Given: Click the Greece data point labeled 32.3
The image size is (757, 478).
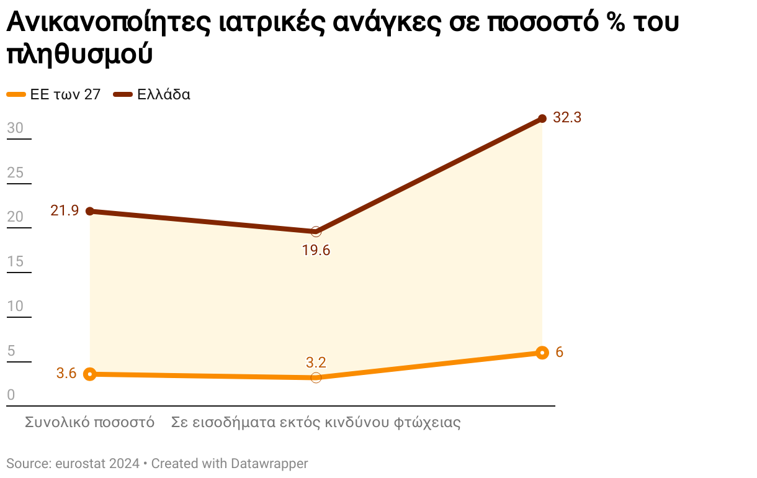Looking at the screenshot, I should pos(542,118).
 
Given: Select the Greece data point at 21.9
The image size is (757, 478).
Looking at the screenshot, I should pos(90,211).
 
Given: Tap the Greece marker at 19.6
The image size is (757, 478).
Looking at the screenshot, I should pos(316,232).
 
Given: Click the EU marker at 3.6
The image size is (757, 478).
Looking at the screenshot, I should pos(90,374).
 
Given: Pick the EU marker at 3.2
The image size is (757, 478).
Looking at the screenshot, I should pos(316,377).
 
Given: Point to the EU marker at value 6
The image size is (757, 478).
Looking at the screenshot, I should pos(542,353).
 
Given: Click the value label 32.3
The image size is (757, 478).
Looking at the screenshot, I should pos(567,117).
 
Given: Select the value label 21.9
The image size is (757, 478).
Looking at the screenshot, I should pos(65,210).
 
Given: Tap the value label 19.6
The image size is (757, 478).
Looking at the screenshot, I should pos(316,251).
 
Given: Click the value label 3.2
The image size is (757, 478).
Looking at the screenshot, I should pos(316,363).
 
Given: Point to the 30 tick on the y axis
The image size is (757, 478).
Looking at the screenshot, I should pos(15,128).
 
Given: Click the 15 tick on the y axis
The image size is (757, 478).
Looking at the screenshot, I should pos(15,261).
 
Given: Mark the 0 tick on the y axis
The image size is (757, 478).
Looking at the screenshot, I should pos(11,395).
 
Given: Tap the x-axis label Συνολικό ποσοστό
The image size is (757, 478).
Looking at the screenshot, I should pos(89,423).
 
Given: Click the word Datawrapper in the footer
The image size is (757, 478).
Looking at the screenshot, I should pos(269,463).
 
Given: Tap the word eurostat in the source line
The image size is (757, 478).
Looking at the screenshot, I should pos(81,463).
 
